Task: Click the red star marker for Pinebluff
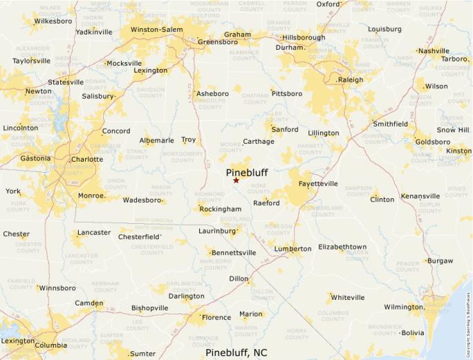(236, 180)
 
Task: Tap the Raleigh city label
(350, 80)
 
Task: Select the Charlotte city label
(87, 159)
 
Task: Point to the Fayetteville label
(318, 184)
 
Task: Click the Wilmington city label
(403, 307)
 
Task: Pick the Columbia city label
(50, 345)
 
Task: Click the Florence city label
(216, 318)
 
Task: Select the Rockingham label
(220, 209)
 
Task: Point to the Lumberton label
(293, 249)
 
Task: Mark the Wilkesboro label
(53, 21)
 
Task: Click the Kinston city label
(458, 151)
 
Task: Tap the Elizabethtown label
(342, 247)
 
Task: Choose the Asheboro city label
(212, 93)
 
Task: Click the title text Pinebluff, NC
(236, 352)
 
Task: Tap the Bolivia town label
(413, 332)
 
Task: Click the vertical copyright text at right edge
(469, 318)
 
